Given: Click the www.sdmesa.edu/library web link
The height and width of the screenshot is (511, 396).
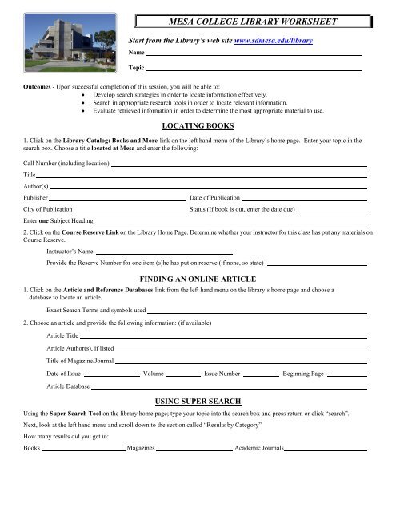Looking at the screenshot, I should click(x=273, y=39).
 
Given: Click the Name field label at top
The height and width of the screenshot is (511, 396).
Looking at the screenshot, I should click(x=137, y=52).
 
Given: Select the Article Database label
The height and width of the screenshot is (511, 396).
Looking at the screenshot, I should click(x=68, y=386).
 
